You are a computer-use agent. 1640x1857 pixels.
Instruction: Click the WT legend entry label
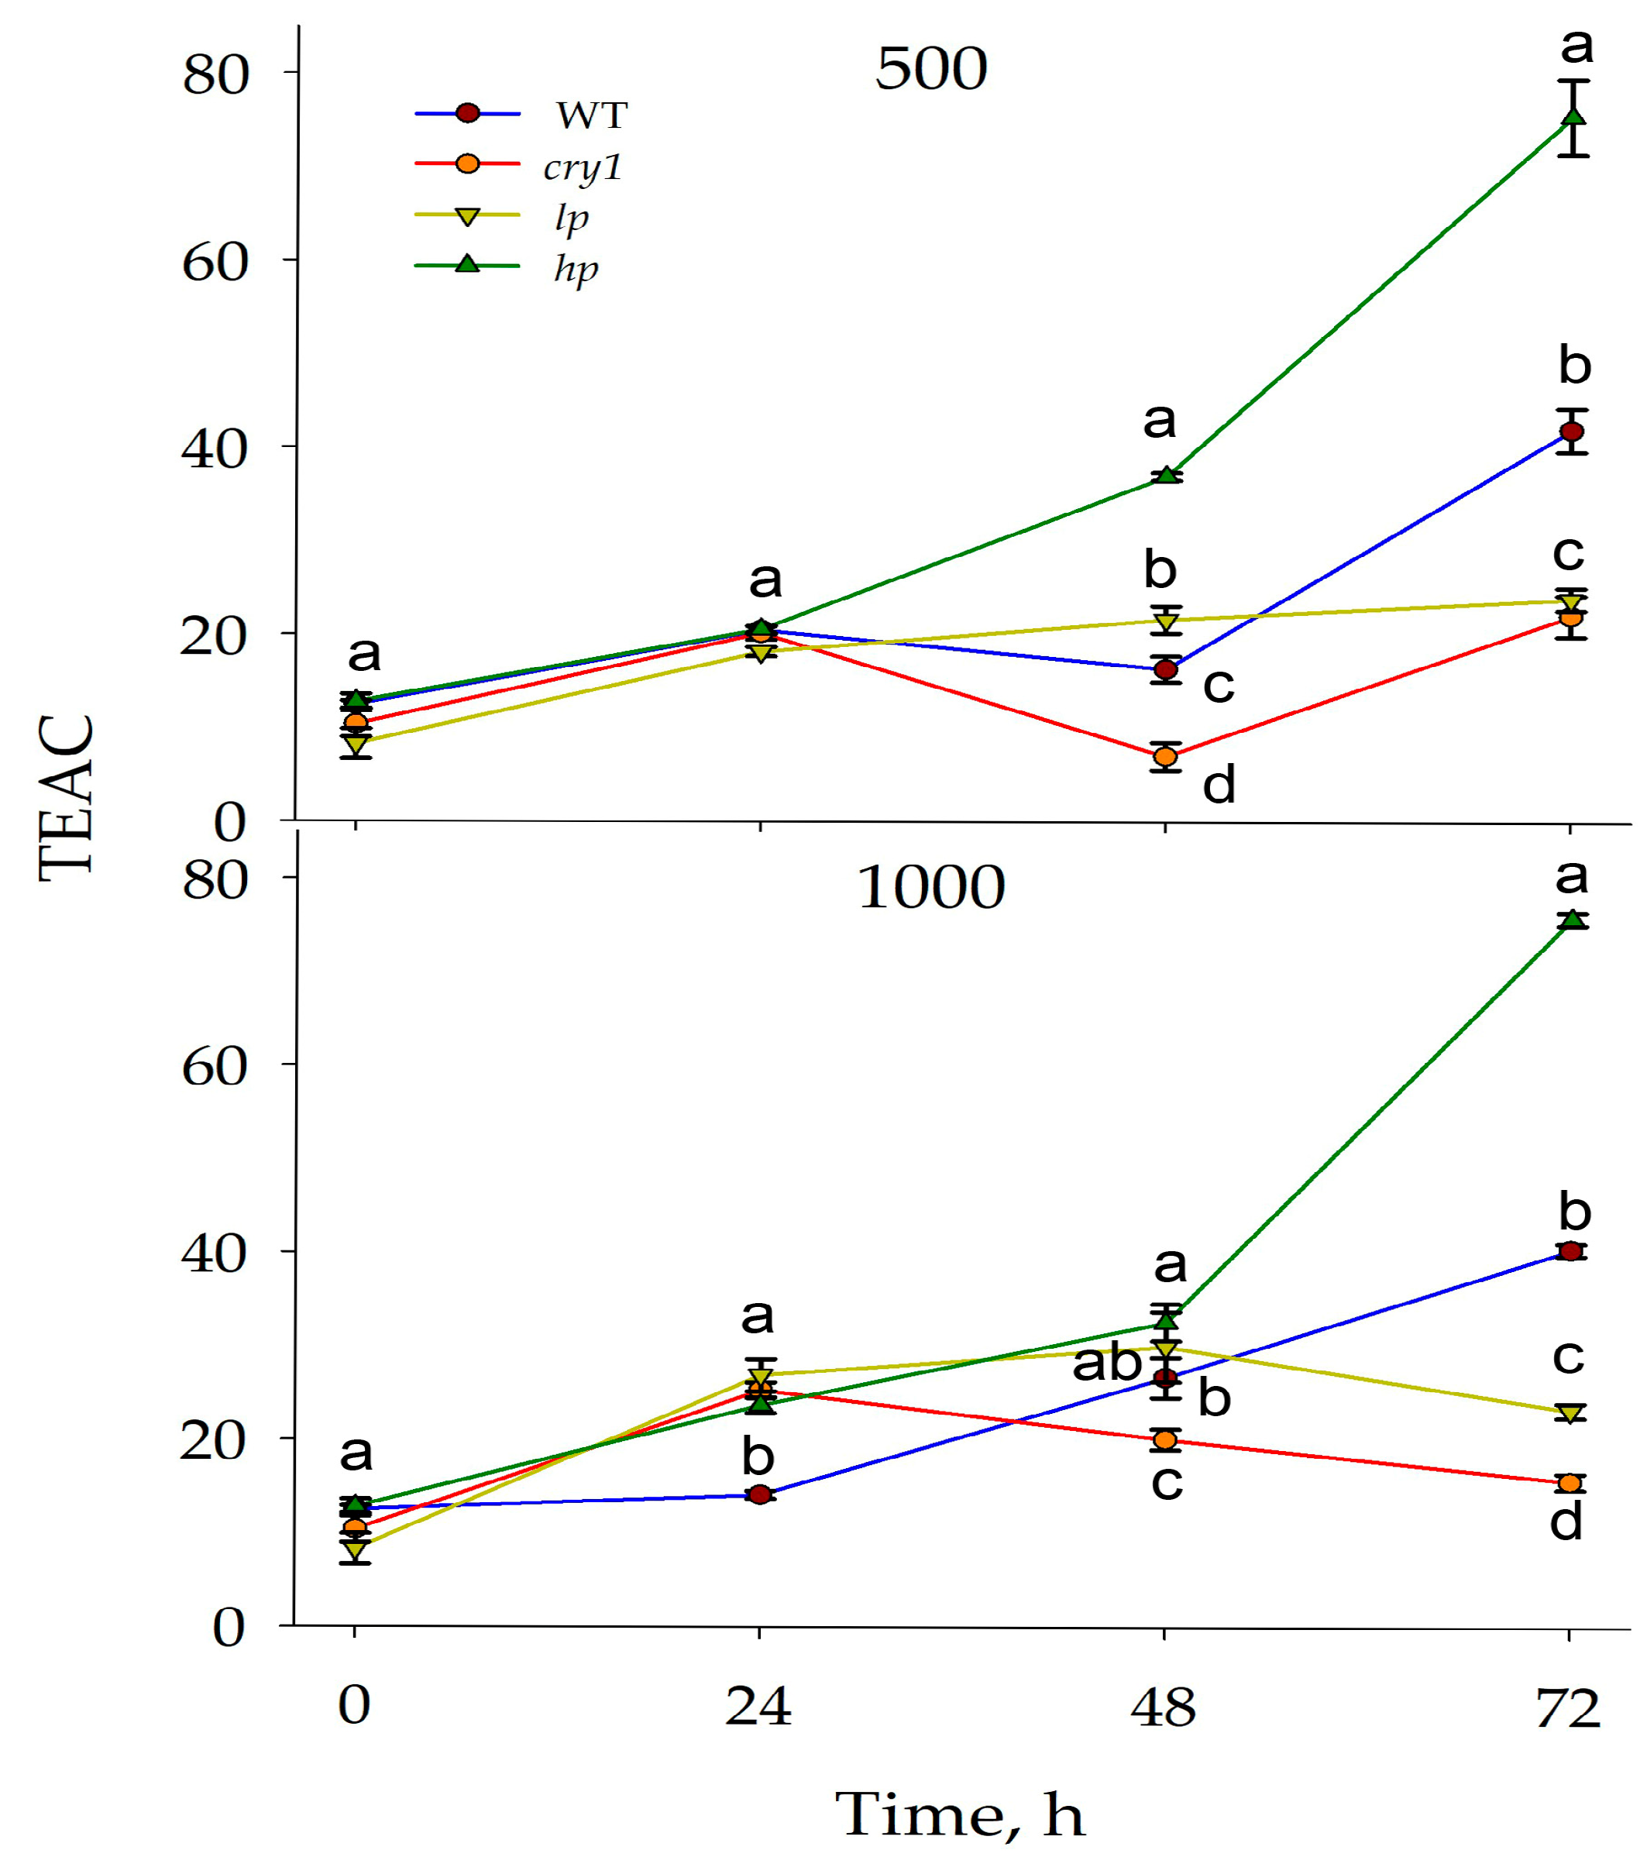coord(592,115)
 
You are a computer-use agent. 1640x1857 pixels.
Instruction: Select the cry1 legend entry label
coord(583,167)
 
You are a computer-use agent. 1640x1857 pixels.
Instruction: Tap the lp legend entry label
coord(572,217)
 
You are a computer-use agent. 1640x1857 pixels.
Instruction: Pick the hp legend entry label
coord(576,269)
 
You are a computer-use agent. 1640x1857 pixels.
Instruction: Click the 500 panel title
coord(930,69)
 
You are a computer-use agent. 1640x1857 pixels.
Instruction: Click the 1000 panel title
coord(930,888)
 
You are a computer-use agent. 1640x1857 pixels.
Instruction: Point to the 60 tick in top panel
coord(215,263)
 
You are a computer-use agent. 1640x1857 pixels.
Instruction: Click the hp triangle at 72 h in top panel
coord(1573,117)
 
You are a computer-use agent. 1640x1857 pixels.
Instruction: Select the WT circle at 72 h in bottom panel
coord(1570,1251)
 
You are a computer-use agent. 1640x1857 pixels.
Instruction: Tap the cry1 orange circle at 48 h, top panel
coord(1165,756)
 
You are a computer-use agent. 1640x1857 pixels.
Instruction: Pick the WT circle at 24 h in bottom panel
coord(761,1494)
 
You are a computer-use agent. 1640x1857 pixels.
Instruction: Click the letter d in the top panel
coord(1219,784)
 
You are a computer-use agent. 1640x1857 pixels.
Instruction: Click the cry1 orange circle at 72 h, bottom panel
coord(1570,1483)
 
